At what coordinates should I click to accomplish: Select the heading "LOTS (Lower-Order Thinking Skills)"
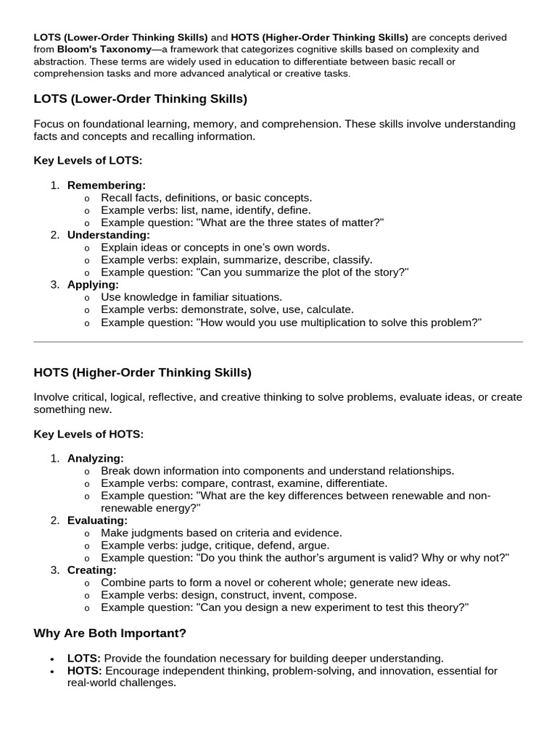pos(140,99)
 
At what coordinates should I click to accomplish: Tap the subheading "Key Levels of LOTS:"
pos(88,160)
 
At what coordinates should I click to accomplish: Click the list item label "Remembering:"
pos(106,185)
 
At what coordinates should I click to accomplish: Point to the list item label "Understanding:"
pos(109,235)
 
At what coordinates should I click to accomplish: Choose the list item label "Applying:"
pos(93,284)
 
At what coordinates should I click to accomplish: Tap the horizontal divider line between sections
pos(278,341)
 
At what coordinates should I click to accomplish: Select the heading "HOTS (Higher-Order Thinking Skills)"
pos(142,372)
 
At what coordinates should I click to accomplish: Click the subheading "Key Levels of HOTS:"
pos(88,434)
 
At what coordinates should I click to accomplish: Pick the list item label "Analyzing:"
pos(96,458)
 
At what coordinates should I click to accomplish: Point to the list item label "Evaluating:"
pos(97,520)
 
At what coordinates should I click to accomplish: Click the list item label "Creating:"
pos(91,570)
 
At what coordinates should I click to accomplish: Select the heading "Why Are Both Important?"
pos(110,633)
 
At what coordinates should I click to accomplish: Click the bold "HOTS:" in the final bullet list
pos(84,671)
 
